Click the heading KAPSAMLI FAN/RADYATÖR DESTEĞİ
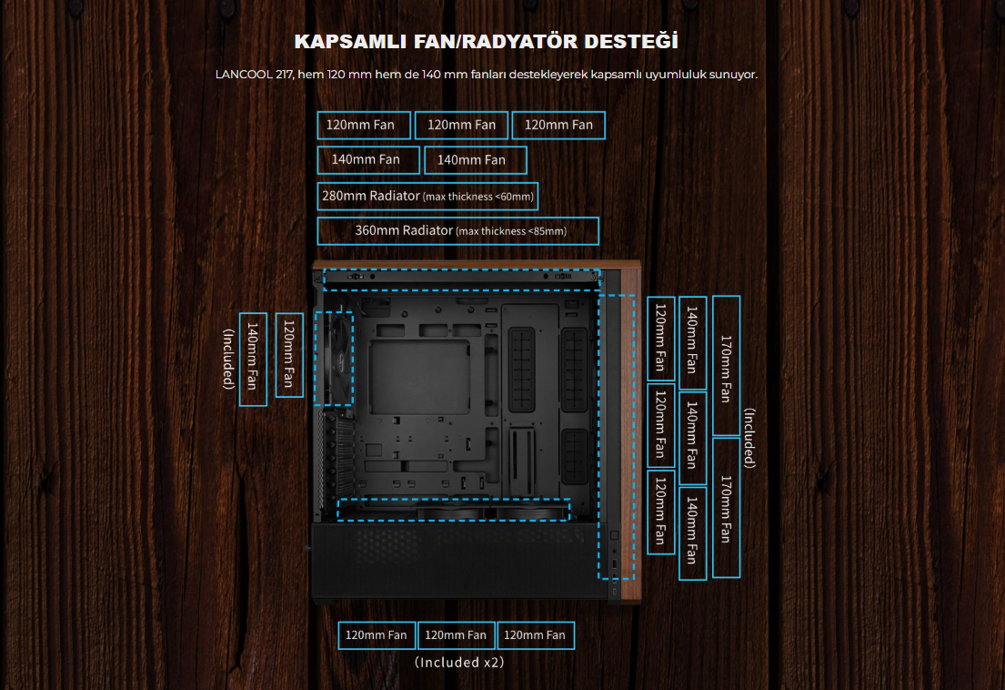[x=486, y=42]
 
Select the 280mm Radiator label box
[x=427, y=196]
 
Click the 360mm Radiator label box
[x=457, y=231]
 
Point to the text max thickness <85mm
[x=512, y=231]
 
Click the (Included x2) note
[x=458, y=662]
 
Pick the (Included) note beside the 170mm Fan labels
[x=749, y=438]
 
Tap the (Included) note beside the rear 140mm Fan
[x=228, y=359]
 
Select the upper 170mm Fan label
[x=726, y=365]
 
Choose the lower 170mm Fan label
[x=726, y=507]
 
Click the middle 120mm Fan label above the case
[x=461, y=125]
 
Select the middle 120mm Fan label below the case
[x=456, y=634]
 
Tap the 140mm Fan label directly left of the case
[x=253, y=359]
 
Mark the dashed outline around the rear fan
[x=334, y=357]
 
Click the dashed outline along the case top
[x=461, y=279]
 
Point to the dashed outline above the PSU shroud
[x=453, y=510]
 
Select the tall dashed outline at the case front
[x=616, y=436]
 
